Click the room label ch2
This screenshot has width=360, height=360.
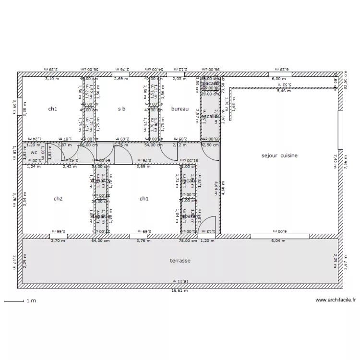pos(58,199)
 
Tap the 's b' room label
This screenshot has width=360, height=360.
pos(122,109)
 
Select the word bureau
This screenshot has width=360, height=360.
pos(180,109)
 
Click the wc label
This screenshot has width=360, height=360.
pos(34,153)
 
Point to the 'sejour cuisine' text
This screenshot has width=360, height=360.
pos(279,156)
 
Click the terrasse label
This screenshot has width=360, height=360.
pos(180,261)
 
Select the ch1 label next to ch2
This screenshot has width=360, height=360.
pos(144,199)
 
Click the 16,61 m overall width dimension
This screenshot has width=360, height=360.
pos(180,290)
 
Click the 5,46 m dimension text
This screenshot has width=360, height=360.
pos(284,90)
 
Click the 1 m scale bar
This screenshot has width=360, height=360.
pos(14,301)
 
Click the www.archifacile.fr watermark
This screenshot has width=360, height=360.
pos(336,300)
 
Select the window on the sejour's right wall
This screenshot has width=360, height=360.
pos(340,130)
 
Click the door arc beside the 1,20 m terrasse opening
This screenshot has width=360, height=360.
pos(207,226)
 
